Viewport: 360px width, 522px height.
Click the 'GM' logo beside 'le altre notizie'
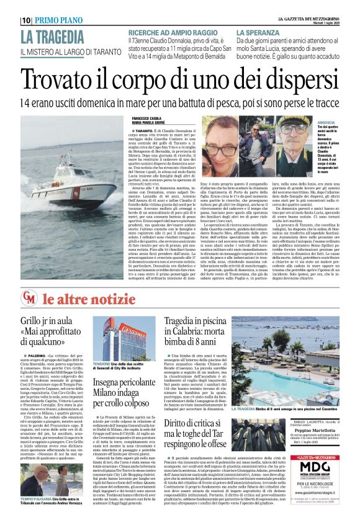pyautogui.click(x=29, y=298)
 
